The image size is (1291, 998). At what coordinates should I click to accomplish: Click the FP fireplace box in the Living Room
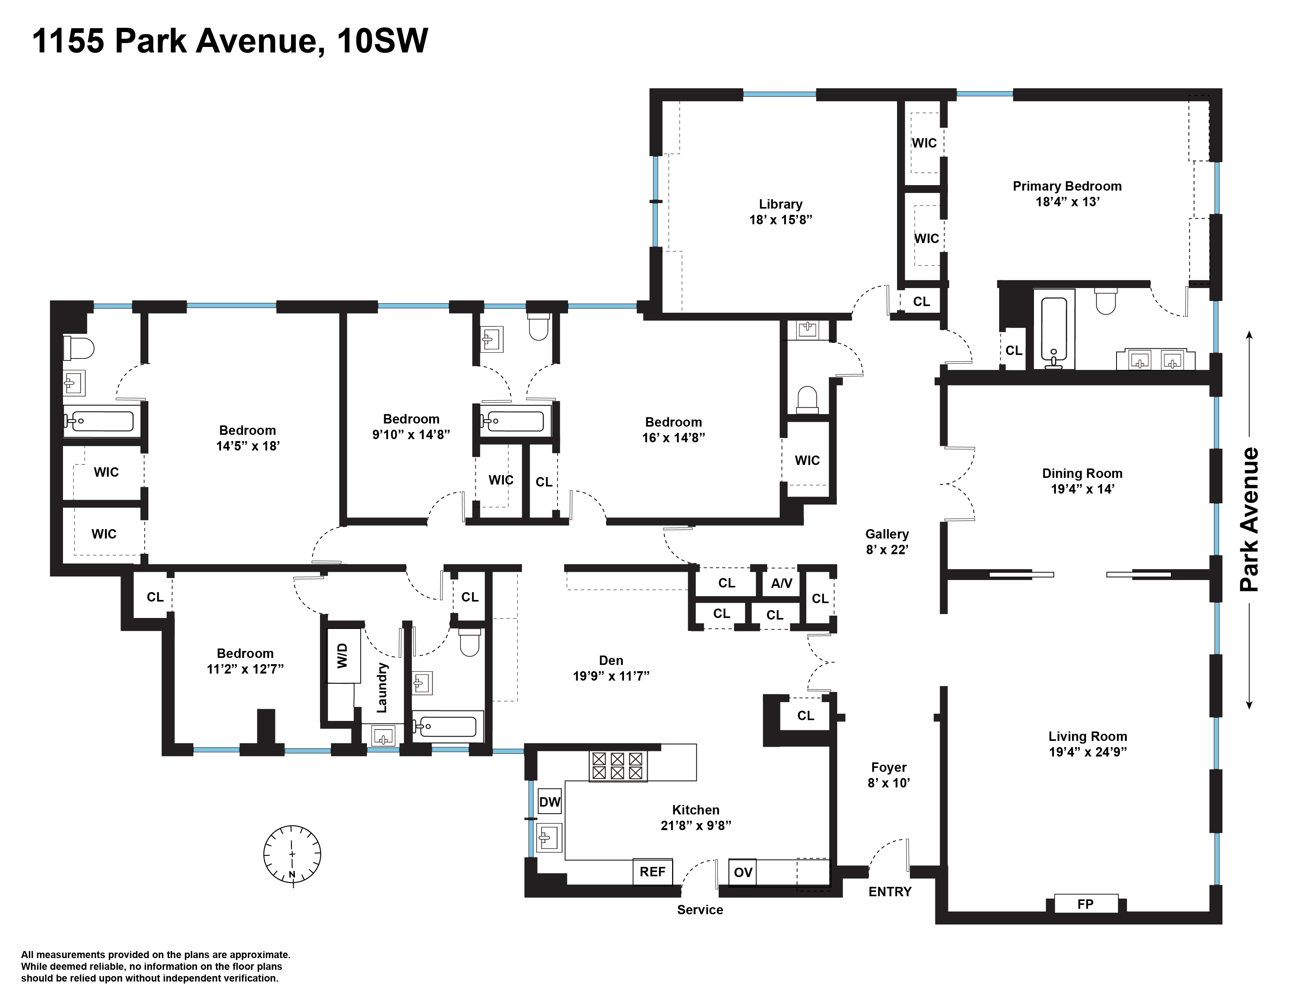[1085, 903]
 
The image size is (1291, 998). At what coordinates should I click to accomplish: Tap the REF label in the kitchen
[653, 872]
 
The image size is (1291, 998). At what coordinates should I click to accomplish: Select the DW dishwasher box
[550, 802]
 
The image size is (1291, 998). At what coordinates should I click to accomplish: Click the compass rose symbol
[292, 854]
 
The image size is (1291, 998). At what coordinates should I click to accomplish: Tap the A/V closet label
[782, 584]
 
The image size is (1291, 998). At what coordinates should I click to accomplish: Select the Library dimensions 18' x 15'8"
[780, 220]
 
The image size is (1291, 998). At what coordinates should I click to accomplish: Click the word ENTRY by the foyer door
[890, 892]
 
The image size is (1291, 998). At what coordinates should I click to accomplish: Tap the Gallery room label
[886, 534]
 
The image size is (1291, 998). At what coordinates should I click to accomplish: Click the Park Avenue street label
[1250, 520]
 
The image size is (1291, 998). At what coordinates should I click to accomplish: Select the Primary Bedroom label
[1067, 186]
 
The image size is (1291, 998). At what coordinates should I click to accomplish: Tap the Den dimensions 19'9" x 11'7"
[611, 676]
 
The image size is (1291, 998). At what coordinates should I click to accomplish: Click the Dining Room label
[1082, 473]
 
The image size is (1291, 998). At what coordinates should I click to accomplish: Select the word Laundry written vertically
[382, 688]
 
